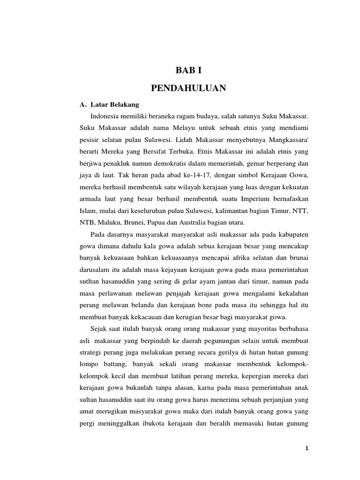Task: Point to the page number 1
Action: tap(307, 449)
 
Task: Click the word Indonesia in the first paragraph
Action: tap(105, 116)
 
